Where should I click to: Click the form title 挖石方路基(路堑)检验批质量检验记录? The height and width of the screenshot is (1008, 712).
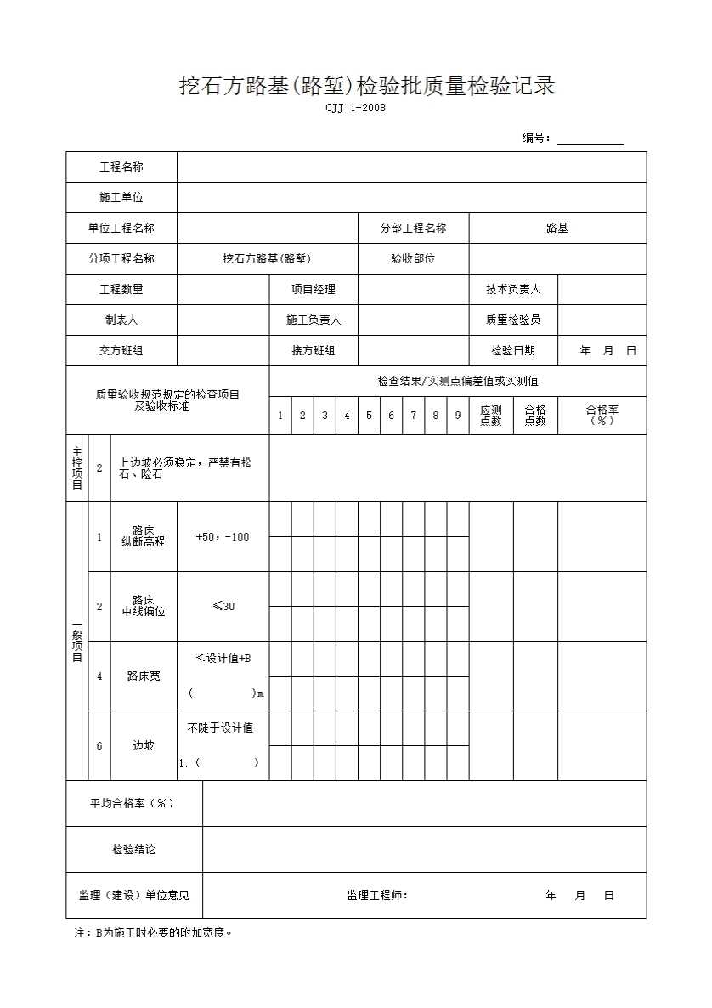point(366,86)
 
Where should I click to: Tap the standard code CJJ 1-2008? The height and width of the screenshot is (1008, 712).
point(356,107)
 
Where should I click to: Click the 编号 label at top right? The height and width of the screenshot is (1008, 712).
point(536,139)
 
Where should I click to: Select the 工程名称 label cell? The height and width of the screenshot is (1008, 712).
point(121,167)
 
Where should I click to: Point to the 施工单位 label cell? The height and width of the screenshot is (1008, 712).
point(121,198)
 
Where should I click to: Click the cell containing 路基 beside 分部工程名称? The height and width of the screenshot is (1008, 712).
point(557,229)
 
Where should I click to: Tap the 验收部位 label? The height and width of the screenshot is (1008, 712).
point(413,259)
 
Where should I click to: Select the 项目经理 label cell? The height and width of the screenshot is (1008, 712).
point(314,290)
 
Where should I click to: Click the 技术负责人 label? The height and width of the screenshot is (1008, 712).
point(513,290)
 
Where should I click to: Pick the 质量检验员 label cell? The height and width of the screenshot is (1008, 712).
point(513,320)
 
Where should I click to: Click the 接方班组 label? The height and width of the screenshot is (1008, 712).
point(314,351)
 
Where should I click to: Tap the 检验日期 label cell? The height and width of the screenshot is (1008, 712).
point(513,351)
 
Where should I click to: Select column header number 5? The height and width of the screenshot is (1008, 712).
point(369,416)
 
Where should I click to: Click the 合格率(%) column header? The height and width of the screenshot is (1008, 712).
point(602,415)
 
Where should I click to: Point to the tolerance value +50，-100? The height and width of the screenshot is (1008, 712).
point(223,537)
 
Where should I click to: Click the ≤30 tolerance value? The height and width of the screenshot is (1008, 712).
point(223,607)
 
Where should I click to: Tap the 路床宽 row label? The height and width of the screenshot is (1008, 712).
point(144,677)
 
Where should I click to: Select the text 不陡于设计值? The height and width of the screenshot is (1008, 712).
point(220,728)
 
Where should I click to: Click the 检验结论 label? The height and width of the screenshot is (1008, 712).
point(134,850)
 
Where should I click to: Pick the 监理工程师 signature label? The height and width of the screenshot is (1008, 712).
point(377,896)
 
